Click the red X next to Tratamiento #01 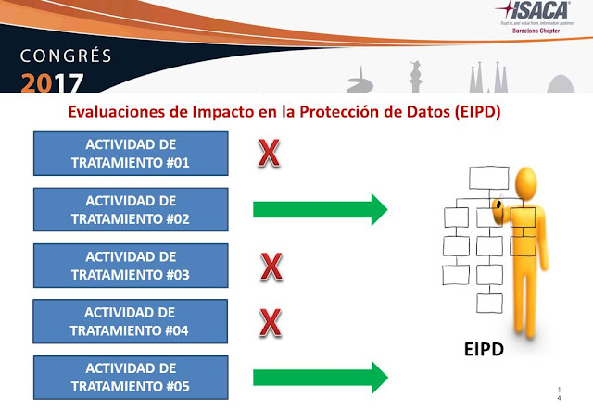pyautogui.click(x=269, y=154)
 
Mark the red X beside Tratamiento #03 pyautogui.click(x=270, y=267)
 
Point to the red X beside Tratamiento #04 pyautogui.click(x=270, y=322)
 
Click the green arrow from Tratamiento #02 pyautogui.click(x=320, y=210)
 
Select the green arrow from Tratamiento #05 pyautogui.click(x=320, y=377)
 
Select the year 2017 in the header pyautogui.click(x=51, y=80)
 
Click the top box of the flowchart pyautogui.click(x=486, y=177)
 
